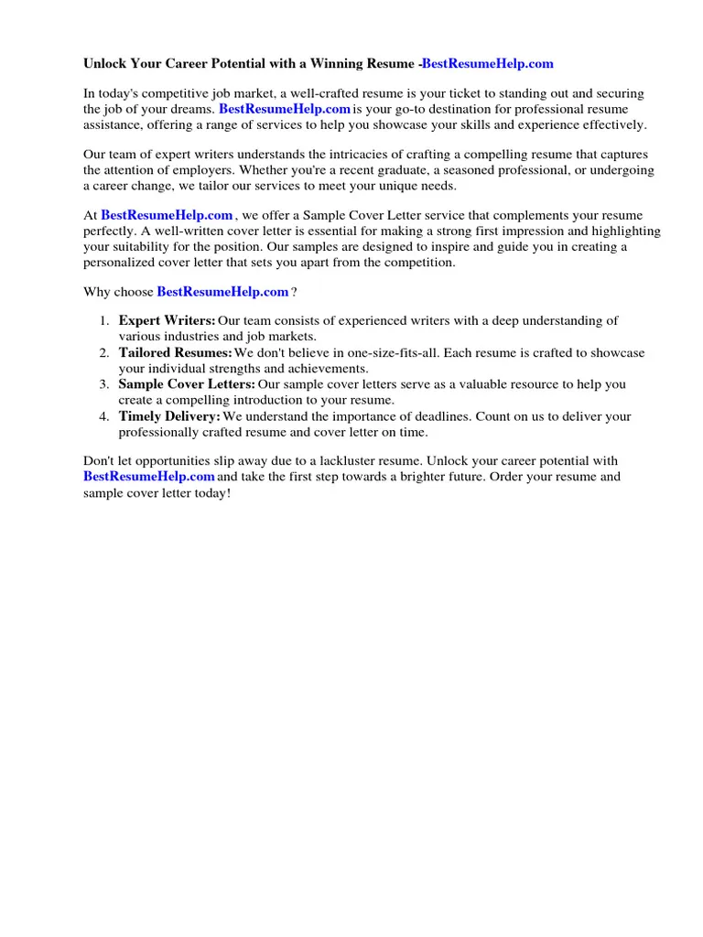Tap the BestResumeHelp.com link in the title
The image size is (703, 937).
coord(487,64)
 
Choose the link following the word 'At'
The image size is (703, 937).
coord(167,215)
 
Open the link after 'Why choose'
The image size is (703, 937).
coord(222,292)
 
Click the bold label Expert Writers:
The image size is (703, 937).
coord(167,320)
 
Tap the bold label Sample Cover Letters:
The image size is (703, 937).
coord(187,384)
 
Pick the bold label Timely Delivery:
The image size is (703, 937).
coord(169,416)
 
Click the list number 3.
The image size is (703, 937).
coord(104,384)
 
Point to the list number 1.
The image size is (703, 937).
coord(104,320)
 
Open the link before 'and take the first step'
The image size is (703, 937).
coord(149,477)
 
